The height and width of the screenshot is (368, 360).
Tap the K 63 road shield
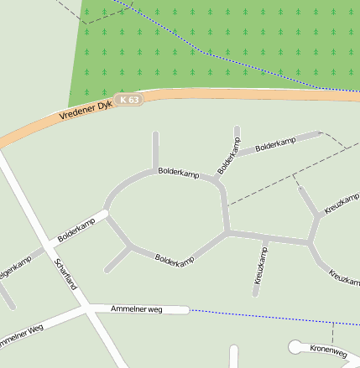[x=129, y=99]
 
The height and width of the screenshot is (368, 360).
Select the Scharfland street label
[x=65, y=274]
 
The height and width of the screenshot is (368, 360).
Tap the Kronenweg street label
[x=328, y=350]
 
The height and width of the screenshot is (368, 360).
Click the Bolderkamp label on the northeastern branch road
[x=276, y=143]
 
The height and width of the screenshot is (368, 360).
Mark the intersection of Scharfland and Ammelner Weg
[x=87, y=309]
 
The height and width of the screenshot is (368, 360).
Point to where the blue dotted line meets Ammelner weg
[x=189, y=310]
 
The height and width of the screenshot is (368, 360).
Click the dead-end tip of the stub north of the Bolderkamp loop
[x=155, y=134]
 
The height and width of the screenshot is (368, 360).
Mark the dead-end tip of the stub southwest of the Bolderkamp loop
[x=107, y=271]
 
